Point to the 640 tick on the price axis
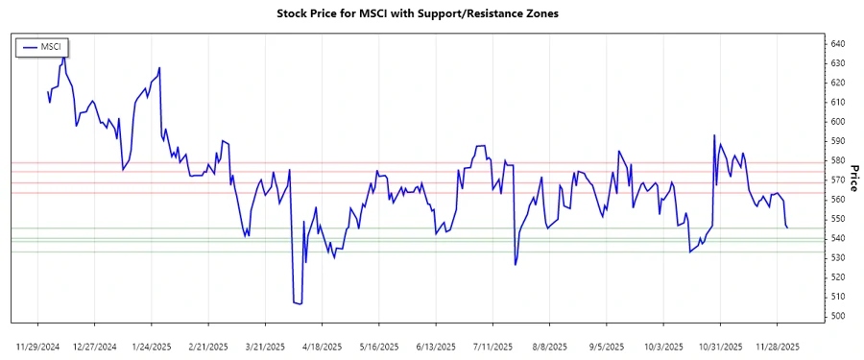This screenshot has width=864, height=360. [x=838, y=44]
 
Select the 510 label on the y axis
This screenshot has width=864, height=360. [x=838, y=297]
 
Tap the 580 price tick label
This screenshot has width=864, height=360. [x=838, y=160]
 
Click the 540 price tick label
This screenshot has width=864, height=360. [x=838, y=238]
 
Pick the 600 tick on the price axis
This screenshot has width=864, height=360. [x=838, y=122]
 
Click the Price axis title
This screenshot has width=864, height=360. [x=854, y=178]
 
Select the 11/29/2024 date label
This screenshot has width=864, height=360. [x=38, y=345]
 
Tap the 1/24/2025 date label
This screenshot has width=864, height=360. [x=152, y=345]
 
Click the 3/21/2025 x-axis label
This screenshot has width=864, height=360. [x=265, y=345]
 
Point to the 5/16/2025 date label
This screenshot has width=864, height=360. [x=378, y=345]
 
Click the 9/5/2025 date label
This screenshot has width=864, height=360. [x=605, y=345]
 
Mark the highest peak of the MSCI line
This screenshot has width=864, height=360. [x=64, y=56]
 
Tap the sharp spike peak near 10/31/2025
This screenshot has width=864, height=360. [x=714, y=135]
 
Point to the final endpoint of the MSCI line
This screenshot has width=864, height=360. [x=788, y=228]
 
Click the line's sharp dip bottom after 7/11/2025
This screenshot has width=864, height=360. [x=516, y=265]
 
